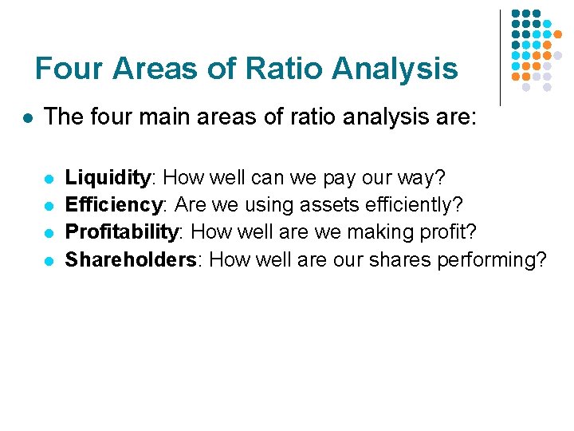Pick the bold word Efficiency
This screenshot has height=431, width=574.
click(x=113, y=204)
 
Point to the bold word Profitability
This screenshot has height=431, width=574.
click(x=122, y=231)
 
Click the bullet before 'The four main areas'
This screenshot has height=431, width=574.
click(x=27, y=118)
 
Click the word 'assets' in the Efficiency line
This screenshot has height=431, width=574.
click(x=326, y=205)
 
